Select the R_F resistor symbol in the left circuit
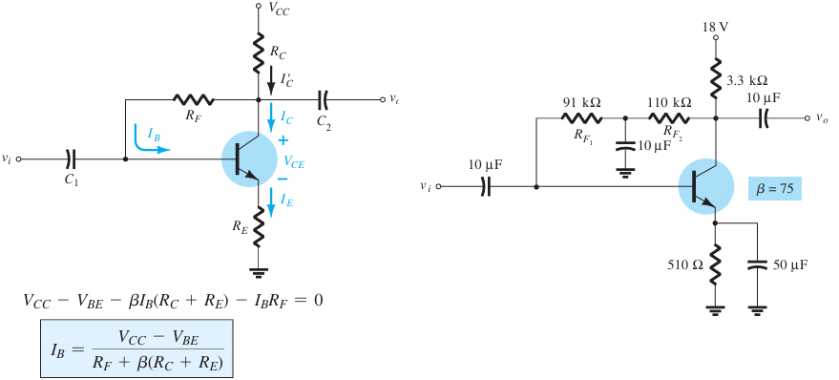click(x=193, y=98)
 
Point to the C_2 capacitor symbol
click(x=325, y=98)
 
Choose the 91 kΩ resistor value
click(x=581, y=102)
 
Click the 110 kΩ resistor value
click(x=671, y=102)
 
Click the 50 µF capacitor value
click(x=788, y=264)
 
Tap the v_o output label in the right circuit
click(x=823, y=119)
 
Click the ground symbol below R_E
click(x=257, y=272)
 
